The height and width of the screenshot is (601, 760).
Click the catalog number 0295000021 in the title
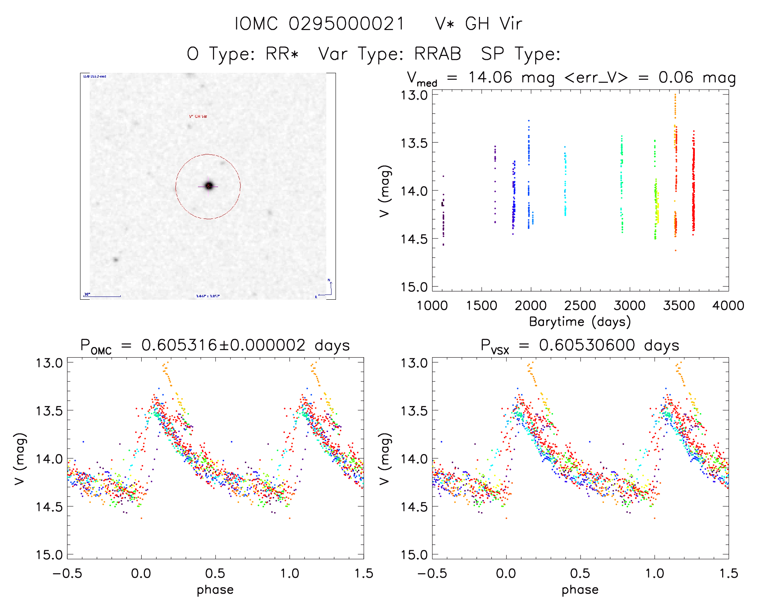[346, 24]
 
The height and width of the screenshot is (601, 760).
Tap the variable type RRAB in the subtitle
[437, 54]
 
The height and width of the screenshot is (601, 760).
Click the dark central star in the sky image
[209, 185]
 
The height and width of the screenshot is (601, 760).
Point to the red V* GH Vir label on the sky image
[198, 117]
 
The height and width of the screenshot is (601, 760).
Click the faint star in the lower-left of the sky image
[116, 259]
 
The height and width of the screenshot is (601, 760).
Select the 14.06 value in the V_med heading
[490, 77]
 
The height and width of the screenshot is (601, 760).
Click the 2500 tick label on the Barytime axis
[580, 306]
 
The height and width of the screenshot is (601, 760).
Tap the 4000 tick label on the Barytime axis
[728, 306]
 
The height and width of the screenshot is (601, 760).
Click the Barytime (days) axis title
[580, 322]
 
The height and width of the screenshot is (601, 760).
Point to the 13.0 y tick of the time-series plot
[414, 95]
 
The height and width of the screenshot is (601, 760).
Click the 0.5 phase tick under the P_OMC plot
[215, 573]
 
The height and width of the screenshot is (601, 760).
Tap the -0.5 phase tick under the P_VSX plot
[432, 573]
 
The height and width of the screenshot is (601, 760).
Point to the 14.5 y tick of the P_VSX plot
[414, 507]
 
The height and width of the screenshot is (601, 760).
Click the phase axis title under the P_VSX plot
[580, 590]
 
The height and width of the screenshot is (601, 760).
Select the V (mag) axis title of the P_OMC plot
[20, 459]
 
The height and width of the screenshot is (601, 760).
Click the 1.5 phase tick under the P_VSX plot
[729, 573]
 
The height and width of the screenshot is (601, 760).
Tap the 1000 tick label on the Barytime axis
[432, 306]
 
